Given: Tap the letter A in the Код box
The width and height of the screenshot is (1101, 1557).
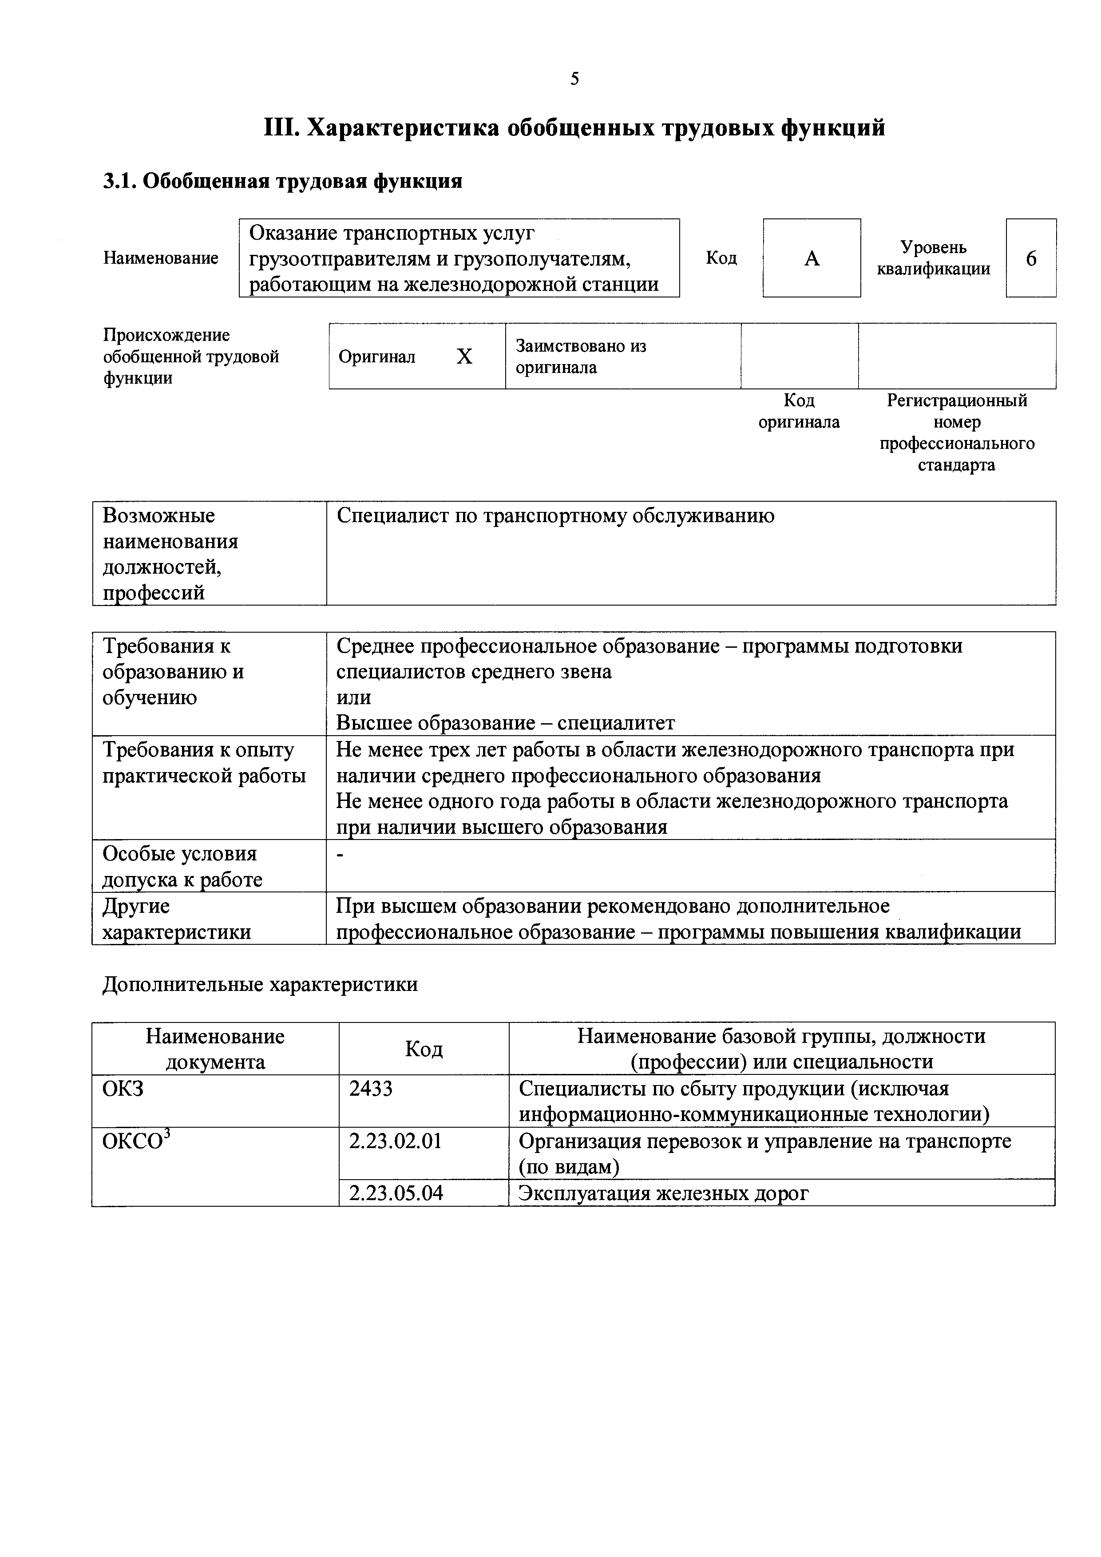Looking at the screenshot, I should pyautogui.click(x=812, y=258).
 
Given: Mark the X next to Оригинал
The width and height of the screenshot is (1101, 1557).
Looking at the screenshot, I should pyautogui.click(x=464, y=357).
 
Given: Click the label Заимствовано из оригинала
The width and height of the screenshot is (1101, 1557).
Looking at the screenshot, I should pyautogui.click(x=581, y=357).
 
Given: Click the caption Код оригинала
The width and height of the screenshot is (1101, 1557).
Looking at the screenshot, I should pyautogui.click(x=799, y=412).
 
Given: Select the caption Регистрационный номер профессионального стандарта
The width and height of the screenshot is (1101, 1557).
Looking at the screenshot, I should pyautogui.click(x=957, y=433).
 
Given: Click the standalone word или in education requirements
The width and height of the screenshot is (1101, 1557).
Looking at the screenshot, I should pyautogui.click(x=353, y=698).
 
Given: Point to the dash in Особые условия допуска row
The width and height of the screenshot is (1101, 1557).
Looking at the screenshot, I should pyautogui.click(x=341, y=856).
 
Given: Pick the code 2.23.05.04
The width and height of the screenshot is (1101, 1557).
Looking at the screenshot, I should pyautogui.click(x=396, y=1193).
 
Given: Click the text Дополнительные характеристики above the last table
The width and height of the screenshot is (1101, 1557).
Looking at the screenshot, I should pyautogui.click(x=260, y=985).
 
